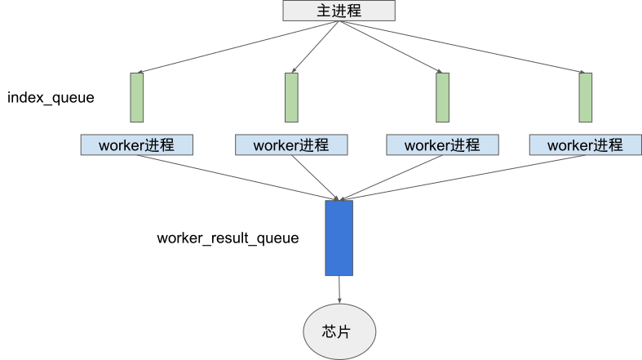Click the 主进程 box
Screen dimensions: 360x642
click(339, 11)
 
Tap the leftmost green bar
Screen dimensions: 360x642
click(137, 98)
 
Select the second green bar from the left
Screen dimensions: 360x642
click(291, 98)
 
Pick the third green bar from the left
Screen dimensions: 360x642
click(442, 98)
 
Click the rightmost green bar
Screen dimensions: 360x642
click(585, 98)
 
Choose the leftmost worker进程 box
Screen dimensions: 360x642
click(137, 145)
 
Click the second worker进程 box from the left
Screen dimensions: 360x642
click(291, 145)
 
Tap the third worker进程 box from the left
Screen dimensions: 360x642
click(442, 145)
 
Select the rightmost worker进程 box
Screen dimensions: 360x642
click(585, 145)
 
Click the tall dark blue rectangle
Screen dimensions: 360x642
click(339, 238)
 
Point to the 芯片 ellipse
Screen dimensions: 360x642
click(339, 331)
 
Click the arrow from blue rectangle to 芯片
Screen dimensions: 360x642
click(339, 290)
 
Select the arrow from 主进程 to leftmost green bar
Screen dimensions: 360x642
click(237, 48)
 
